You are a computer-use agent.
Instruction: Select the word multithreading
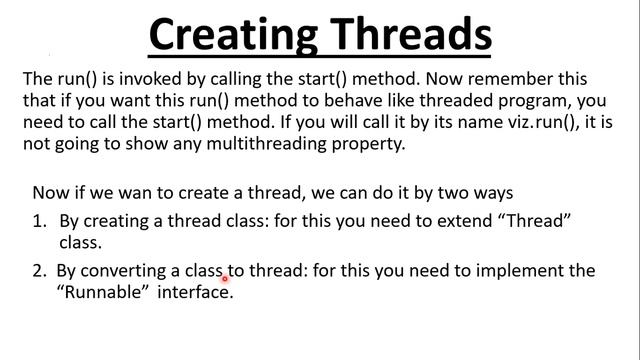[x=232, y=144]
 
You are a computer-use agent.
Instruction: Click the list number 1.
[x=39, y=220]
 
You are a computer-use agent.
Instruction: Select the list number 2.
[x=39, y=270]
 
